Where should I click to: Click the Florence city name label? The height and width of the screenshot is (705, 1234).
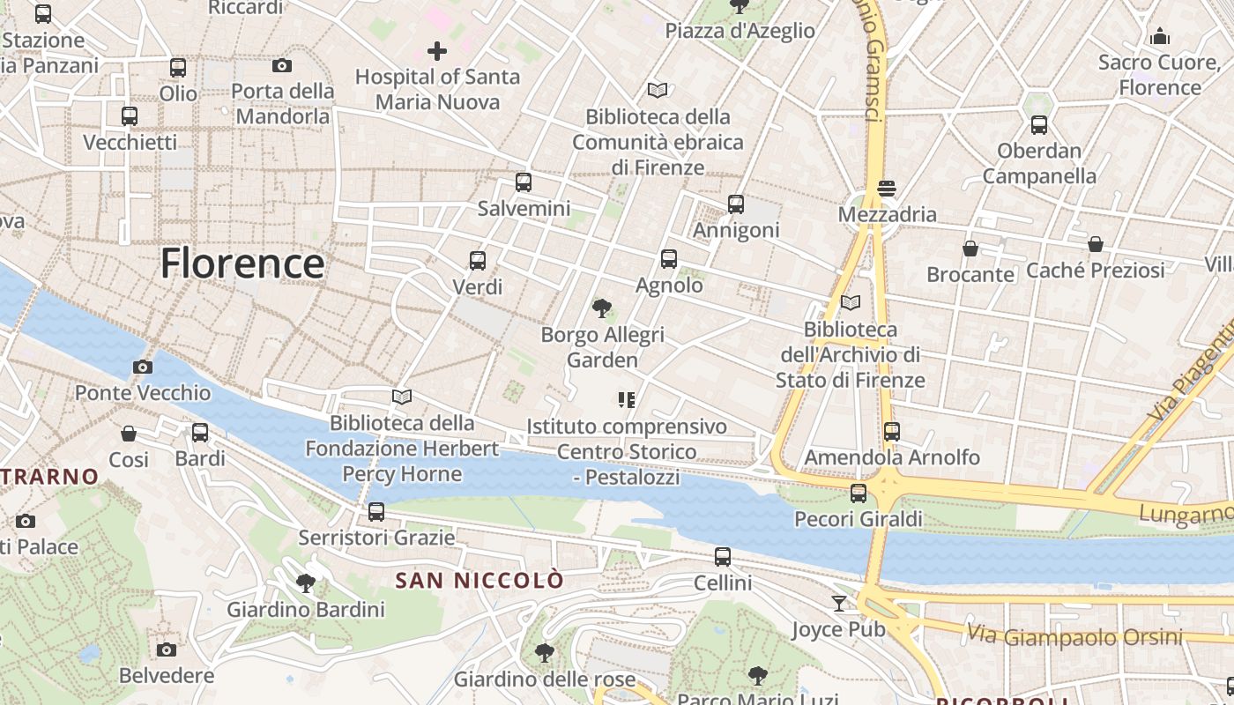[242, 263]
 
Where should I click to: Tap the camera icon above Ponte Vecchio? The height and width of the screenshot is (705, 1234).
[143, 367]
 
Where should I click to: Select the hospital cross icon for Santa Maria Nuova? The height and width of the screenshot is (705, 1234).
[437, 51]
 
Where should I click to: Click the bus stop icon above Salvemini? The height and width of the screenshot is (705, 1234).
[524, 182]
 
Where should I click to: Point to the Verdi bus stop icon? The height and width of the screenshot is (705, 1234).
[478, 261]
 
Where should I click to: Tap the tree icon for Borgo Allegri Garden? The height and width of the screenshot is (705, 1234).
[602, 308]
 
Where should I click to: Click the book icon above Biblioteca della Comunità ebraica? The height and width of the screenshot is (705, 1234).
[658, 90]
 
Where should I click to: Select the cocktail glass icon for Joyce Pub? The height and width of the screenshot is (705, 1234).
[839, 604]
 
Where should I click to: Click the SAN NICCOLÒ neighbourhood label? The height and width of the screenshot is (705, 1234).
[479, 581]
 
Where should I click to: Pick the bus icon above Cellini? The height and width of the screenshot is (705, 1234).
[723, 557]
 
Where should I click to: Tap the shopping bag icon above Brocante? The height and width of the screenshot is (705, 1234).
[970, 249]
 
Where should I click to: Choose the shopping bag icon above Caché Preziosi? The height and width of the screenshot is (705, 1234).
[1096, 244]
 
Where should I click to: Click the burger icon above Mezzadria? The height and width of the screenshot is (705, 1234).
[887, 189]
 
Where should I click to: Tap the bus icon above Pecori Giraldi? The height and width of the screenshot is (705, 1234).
[859, 493]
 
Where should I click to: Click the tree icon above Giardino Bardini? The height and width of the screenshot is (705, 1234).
[306, 583]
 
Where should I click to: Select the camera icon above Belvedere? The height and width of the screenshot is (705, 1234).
[167, 650]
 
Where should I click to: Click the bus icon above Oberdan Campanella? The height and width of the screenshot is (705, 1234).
[1039, 125]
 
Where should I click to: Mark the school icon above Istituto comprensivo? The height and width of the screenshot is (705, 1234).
[627, 401]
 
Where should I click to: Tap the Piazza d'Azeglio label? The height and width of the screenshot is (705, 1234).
[740, 31]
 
